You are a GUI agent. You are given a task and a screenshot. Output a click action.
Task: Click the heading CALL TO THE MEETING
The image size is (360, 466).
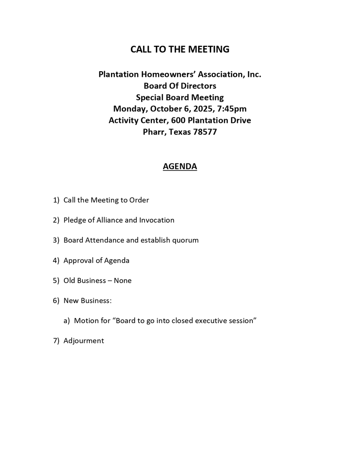pyautogui.click(x=180, y=49)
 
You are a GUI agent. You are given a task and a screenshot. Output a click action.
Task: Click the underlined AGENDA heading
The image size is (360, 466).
pyautogui.click(x=180, y=166)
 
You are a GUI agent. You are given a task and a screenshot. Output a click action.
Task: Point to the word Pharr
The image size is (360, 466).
pyautogui.click(x=154, y=132)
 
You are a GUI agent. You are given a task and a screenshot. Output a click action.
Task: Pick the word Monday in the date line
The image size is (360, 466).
pyautogui.click(x=130, y=109)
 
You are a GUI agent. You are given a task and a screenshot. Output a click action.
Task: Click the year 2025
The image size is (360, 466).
pyautogui.click(x=200, y=109)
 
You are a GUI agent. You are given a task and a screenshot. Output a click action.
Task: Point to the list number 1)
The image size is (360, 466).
pyautogui.click(x=56, y=200)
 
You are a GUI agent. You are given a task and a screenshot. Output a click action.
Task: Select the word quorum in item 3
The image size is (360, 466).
pyautogui.click(x=185, y=240)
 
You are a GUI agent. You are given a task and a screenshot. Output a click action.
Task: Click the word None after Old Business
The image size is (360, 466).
pyautogui.click(x=123, y=280)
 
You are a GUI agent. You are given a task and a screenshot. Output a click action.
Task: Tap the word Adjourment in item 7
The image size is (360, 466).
pyautogui.click(x=84, y=341)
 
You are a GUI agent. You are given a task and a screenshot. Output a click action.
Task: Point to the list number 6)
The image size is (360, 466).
pyautogui.click(x=56, y=301)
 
